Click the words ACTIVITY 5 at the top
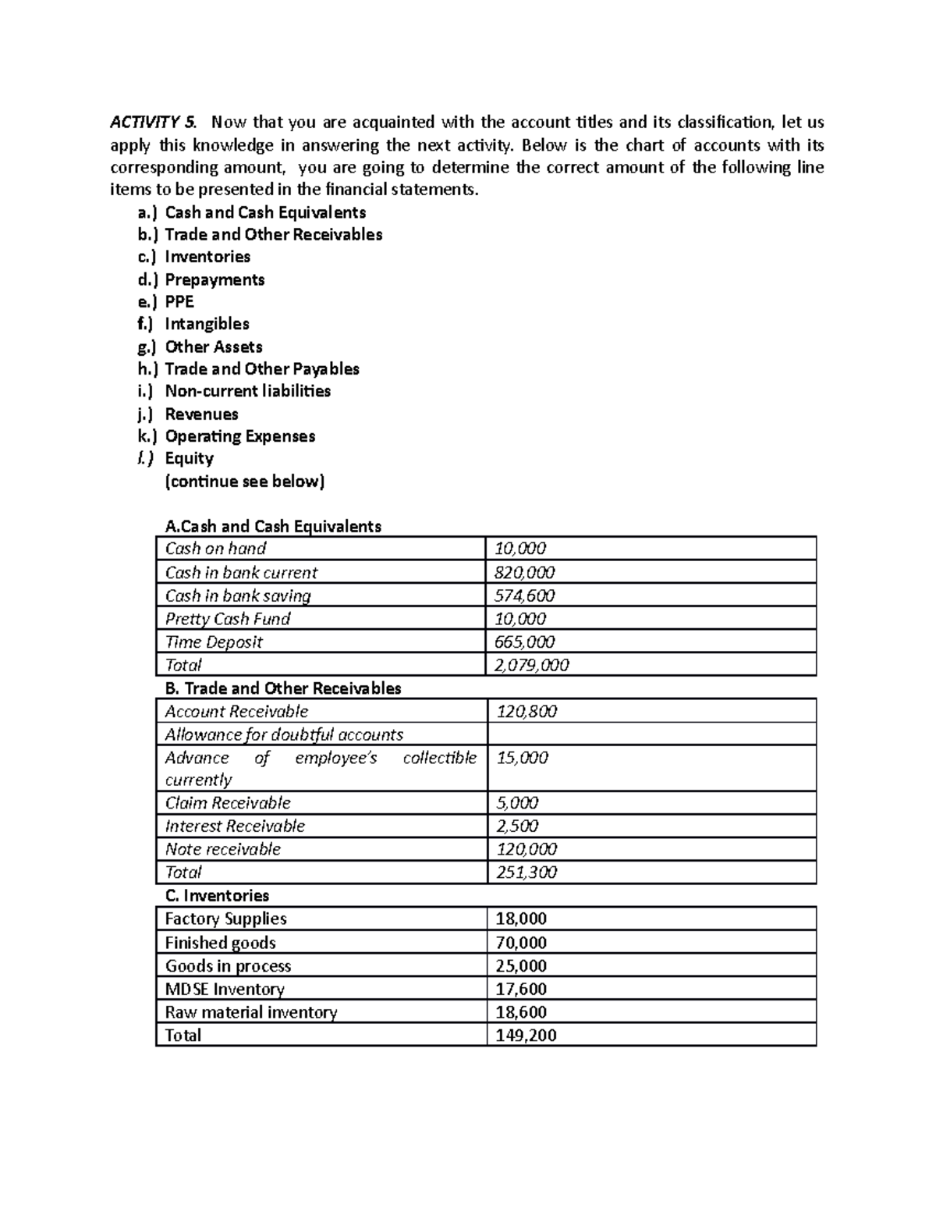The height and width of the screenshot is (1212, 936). [x=154, y=122]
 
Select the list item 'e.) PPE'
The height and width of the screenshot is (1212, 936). [x=165, y=302]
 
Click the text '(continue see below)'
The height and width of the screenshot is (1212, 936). [x=244, y=482]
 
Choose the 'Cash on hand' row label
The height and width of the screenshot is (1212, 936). [x=215, y=549]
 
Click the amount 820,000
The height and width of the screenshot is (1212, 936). [x=525, y=573]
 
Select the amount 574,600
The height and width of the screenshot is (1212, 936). [x=525, y=596]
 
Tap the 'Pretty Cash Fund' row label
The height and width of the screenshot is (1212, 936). [x=228, y=619]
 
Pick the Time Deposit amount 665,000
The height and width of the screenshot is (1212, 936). [x=525, y=642]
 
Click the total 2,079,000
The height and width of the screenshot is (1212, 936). [x=532, y=665]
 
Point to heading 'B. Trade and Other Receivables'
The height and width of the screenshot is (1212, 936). [x=283, y=688]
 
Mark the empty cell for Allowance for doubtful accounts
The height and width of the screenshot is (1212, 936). [x=651, y=734]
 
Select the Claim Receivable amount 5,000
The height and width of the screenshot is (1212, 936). [x=517, y=803]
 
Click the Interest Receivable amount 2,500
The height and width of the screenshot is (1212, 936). [x=517, y=826]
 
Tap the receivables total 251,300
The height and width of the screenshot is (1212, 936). [x=526, y=873]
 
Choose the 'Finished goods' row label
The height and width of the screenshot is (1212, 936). [x=220, y=943]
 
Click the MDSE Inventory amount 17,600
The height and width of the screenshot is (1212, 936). [x=521, y=990]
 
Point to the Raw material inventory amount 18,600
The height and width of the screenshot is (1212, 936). [x=521, y=1013]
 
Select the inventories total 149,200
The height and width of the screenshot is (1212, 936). [x=526, y=1036]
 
